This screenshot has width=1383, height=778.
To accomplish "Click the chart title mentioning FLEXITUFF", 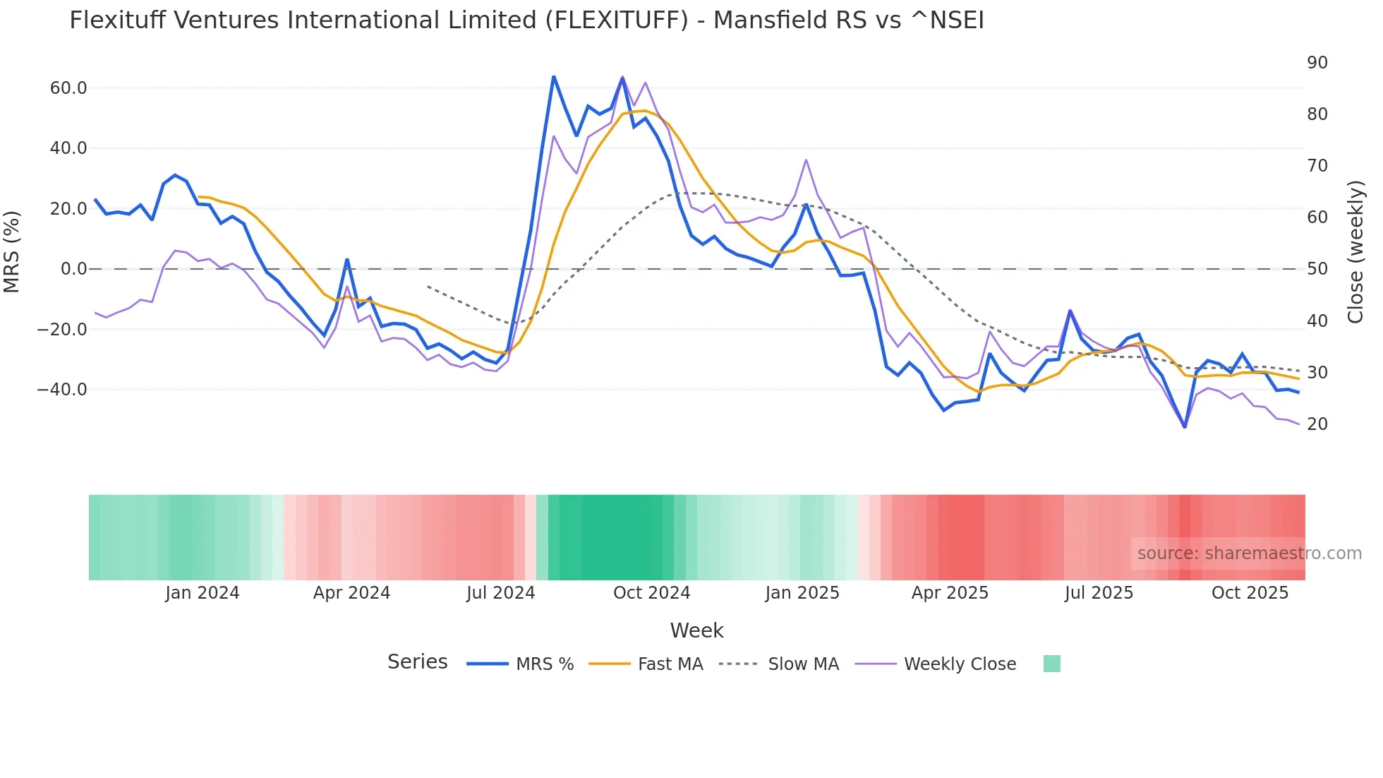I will pos(526,20).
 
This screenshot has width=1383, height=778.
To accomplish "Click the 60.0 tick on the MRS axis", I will pos(68,88).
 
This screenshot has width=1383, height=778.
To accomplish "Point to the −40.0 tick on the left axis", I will pos(62,390).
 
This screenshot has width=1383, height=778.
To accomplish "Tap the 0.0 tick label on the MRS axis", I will pos(73,269).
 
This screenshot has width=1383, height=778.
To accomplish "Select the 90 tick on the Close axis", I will pos(1317,63).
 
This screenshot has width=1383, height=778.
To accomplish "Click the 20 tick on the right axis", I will pos(1317,424).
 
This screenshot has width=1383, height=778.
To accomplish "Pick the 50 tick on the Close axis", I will pos(1317,269).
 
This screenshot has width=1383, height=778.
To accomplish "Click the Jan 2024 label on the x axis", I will pos(203,593).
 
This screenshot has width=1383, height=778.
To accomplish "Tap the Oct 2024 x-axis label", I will pos(651,593).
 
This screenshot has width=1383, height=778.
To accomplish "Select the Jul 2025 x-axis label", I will pos(1099,593).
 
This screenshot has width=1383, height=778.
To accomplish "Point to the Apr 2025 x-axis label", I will pos(950,593).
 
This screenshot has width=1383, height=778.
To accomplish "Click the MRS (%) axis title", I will pos(12,252).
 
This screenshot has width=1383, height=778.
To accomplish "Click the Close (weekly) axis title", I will pos(1355,252).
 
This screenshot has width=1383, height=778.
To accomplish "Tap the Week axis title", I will pos(696,630).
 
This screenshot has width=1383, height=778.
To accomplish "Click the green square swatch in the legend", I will pos(1052,664).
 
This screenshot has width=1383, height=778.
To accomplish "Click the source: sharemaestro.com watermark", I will pos(1249,553).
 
